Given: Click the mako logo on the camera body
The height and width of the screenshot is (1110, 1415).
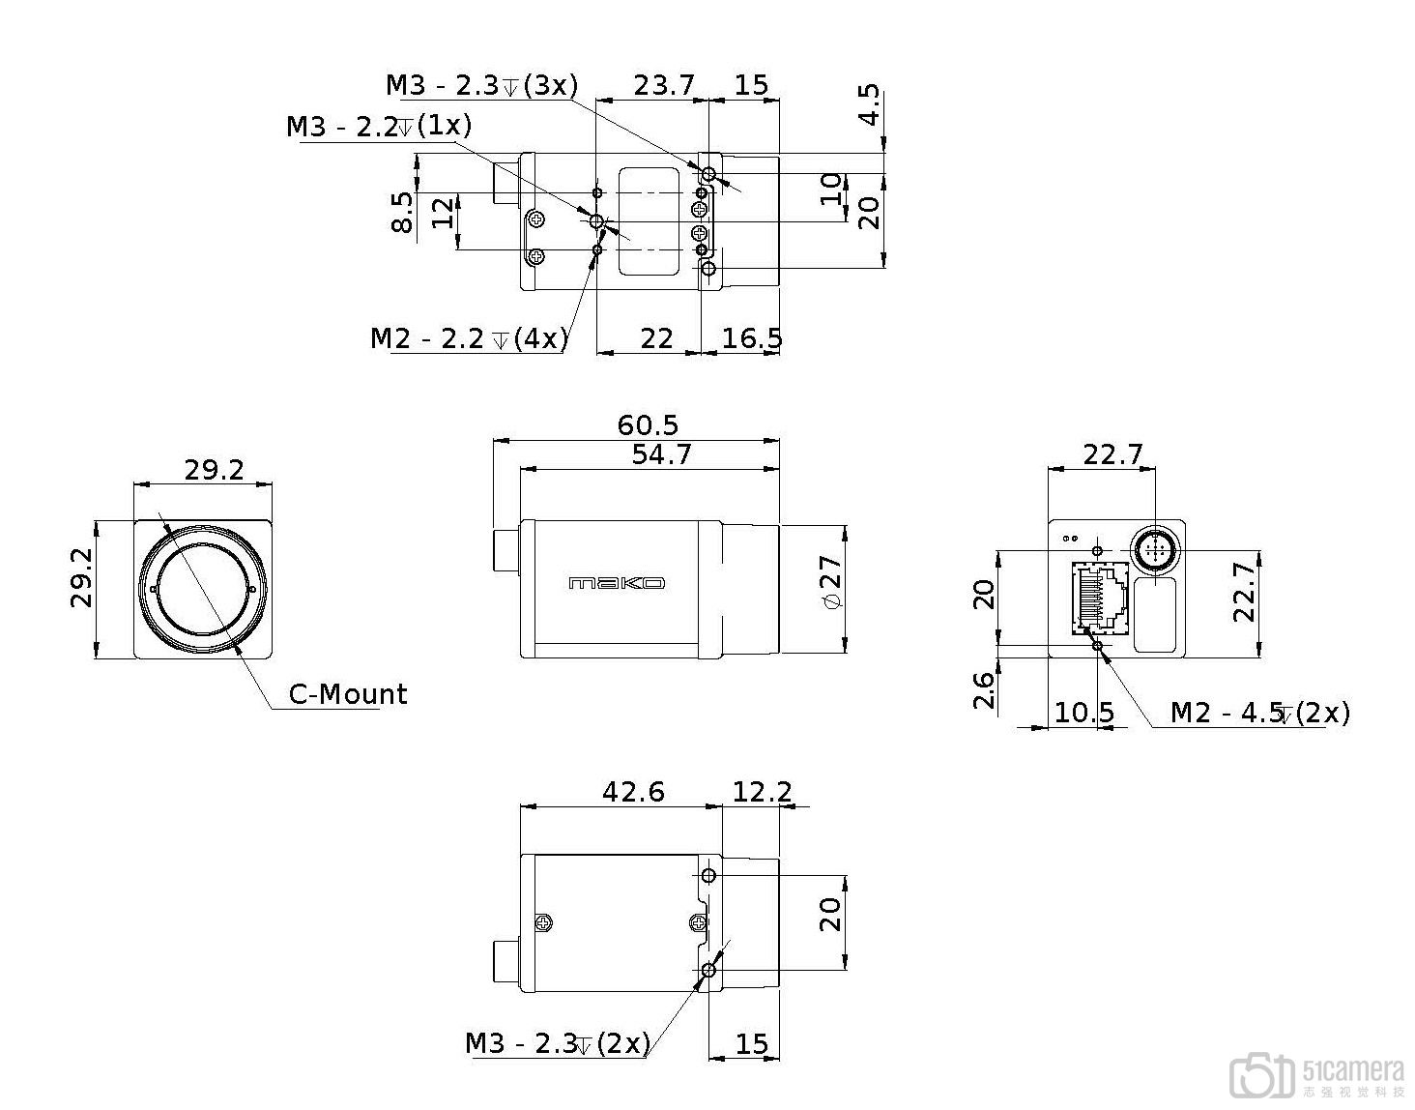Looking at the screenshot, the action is [617, 582].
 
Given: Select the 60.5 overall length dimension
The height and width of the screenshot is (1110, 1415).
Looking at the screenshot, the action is [648, 425].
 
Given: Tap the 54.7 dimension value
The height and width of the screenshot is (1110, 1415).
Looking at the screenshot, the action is [661, 454].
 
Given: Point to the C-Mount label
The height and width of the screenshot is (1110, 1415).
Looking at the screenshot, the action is [348, 694].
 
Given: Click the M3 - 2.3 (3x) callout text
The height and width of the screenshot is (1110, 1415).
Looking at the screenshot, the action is [482, 85].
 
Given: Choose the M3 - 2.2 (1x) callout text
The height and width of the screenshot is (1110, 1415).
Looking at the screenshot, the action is [379, 125].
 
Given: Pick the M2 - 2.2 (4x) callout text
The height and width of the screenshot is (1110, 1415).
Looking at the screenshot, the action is [469, 338].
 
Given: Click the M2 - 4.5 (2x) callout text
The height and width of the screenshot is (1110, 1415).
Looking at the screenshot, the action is [1260, 712].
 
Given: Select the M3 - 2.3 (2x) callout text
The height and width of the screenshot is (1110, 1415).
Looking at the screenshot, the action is [558, 1043].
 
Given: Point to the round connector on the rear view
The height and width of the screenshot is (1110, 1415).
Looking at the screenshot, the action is [1156, 551].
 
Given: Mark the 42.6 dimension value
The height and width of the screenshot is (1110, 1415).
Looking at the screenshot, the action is [633, 792].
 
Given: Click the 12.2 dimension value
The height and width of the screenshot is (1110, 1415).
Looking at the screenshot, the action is [762, 792].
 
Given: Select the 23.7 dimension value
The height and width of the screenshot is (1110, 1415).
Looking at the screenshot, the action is [664, 85].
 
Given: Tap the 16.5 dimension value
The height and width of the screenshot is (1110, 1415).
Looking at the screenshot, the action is [752, 338].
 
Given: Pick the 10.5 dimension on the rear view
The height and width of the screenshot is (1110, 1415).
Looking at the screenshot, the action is [1083, 712].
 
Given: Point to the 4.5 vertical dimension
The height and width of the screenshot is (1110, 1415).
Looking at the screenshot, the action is [870, 104].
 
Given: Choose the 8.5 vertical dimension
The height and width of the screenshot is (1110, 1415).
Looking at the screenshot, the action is [403, 212].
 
